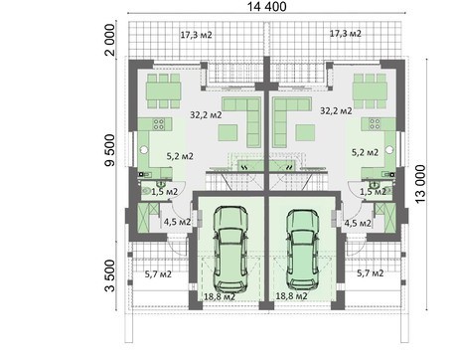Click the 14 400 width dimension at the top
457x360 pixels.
click(x=267, y=7)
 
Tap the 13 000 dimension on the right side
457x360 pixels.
click(x=420, y=184)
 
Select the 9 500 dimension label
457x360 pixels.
click(x=109, y=150)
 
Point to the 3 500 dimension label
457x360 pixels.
click(x=109, y=275)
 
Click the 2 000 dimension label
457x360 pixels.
click(x=109, y=40)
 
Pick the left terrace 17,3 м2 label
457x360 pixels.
click(x=196, y=35)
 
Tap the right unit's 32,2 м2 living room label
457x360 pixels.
click(x=336, y=110)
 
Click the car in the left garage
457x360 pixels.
click(x=230, y=249)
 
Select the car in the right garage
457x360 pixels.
click(x=303, y=249)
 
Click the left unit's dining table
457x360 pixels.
click(x=164, y=91)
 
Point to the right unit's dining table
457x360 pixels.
click(x=370, y=91)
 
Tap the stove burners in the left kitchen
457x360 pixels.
click(x=159, y=124)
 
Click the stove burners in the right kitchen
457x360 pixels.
click(x=375, y=124)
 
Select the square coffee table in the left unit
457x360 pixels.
click(x=228, y=133)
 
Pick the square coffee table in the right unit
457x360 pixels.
click(x=305, y=133)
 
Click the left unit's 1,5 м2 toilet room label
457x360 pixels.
click(x=165, y=192)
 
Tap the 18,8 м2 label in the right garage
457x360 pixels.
click(x=291, y=296)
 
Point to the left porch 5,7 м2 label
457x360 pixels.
click(x=158, y=274)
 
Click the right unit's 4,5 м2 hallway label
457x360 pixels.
click(x=358, y=223)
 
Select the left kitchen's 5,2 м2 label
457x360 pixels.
click(x=180, y=156)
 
